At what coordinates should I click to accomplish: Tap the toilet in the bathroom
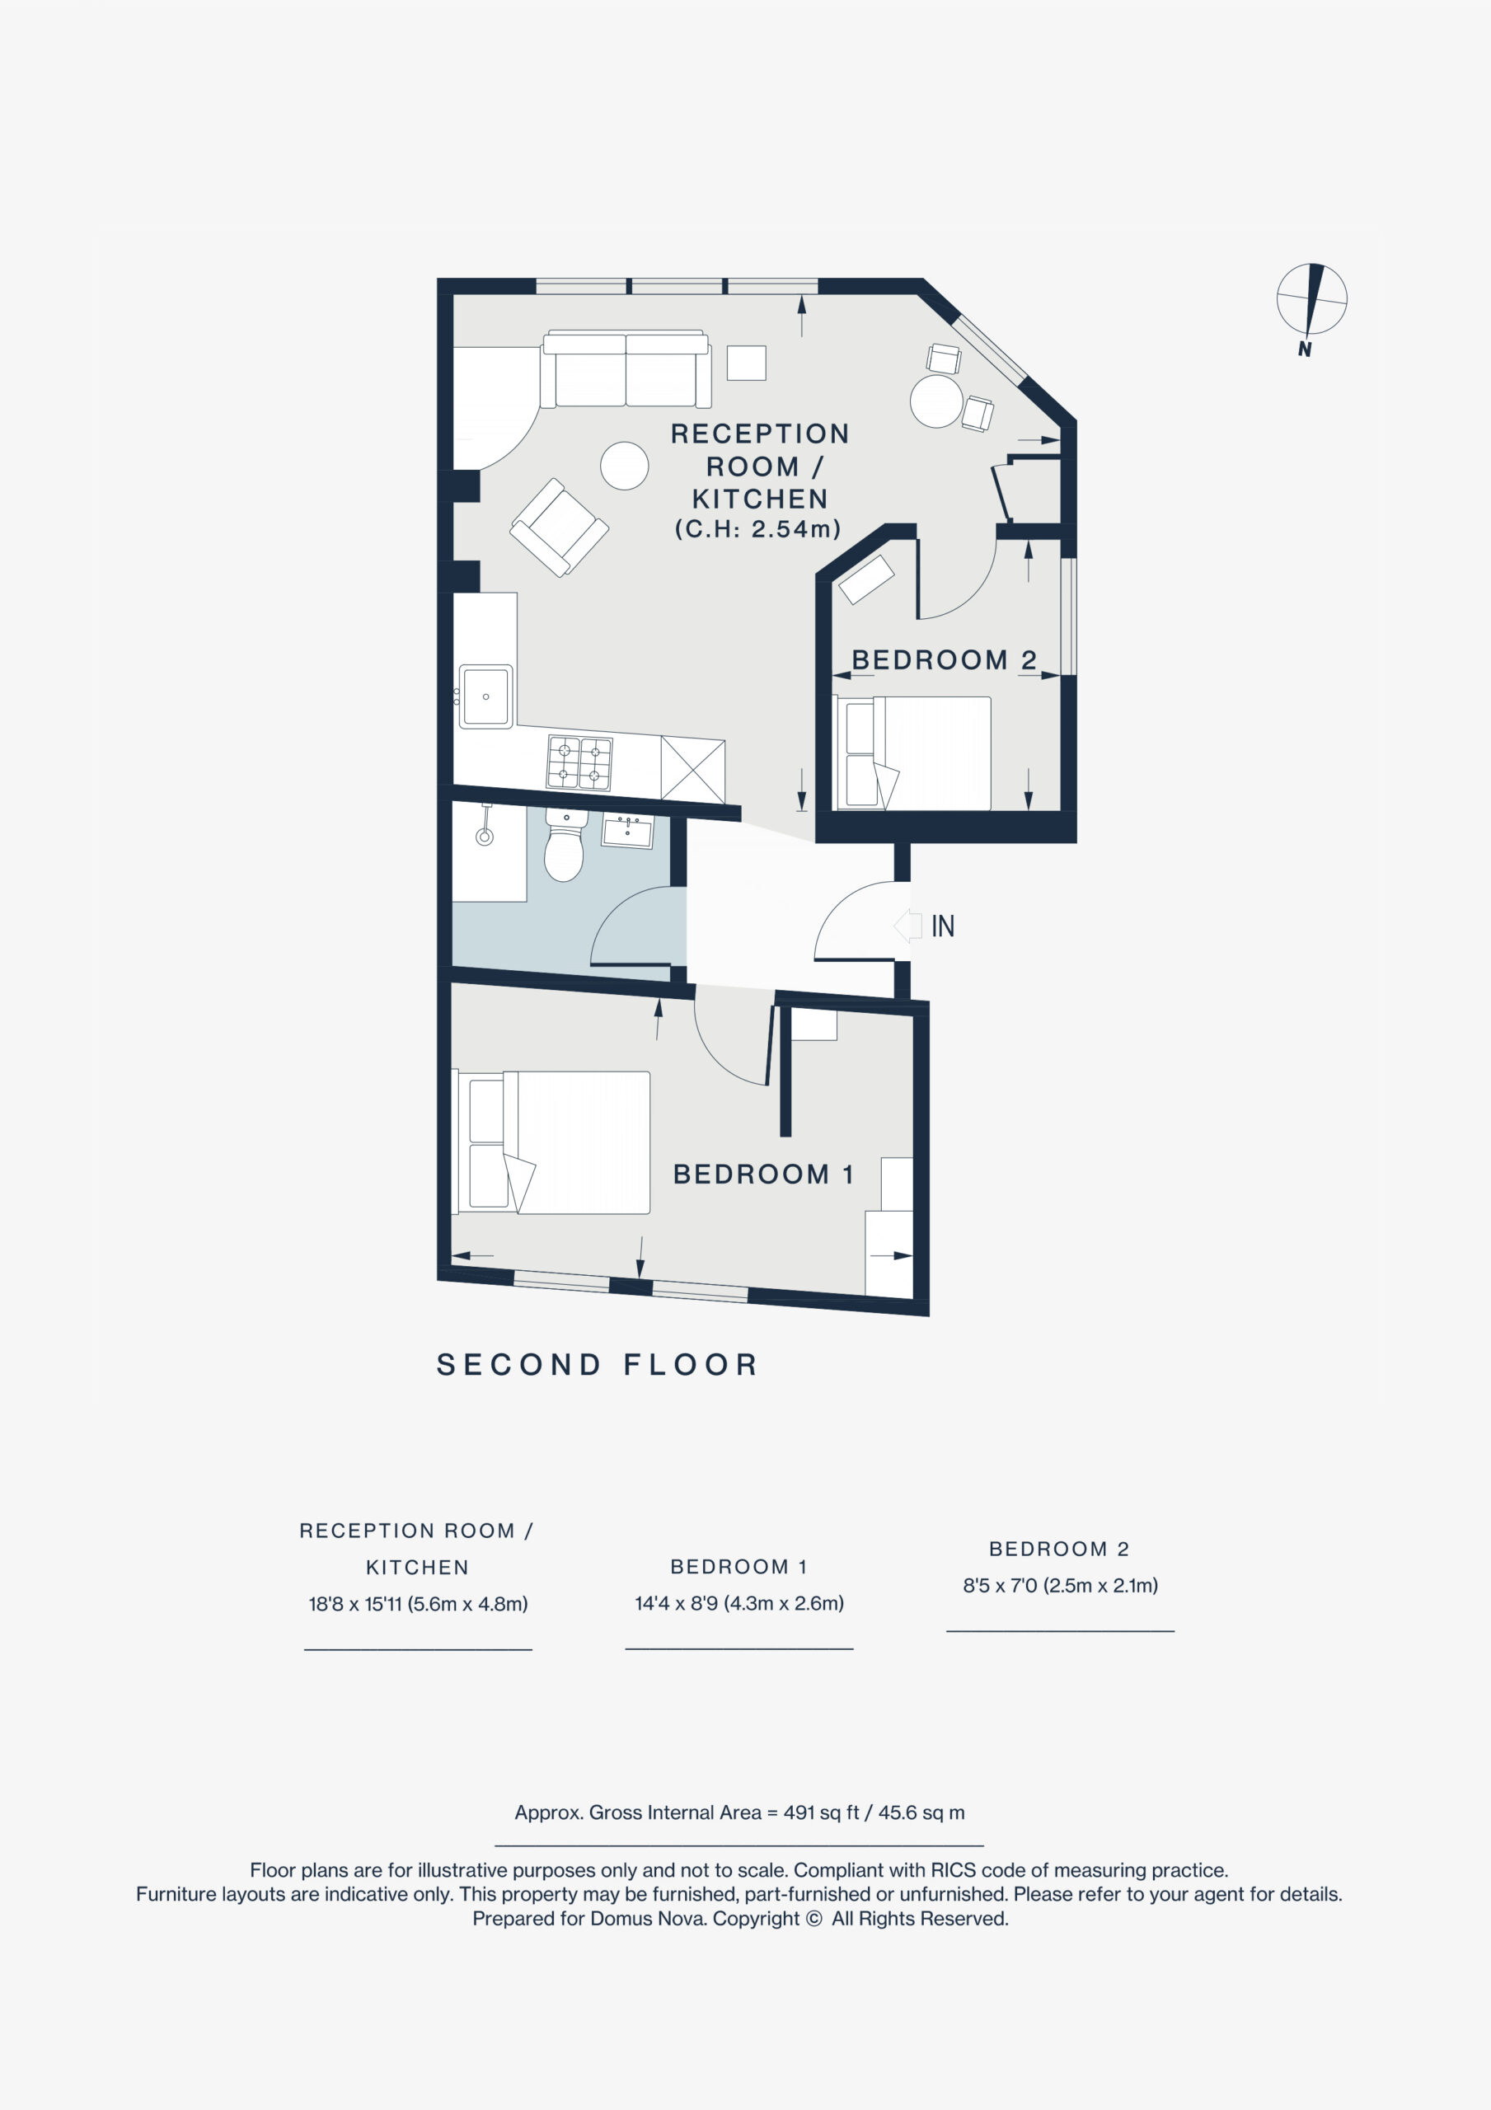click(564, 845)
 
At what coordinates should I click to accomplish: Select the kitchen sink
click(485, 696)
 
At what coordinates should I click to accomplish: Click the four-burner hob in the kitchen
click(579, 762)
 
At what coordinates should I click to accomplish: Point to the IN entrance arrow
click(907, 926)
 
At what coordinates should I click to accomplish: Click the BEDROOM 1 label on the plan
click(764, 1174)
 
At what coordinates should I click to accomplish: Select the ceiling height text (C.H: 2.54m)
click(758, 528)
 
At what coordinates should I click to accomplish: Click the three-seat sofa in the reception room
click(626, 368)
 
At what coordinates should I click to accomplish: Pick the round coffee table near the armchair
click(624, 465)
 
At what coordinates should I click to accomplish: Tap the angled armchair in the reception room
click(559, 527)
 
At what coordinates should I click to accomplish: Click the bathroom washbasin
click(627, 831)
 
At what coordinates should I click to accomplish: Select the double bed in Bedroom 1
click(551, 1142)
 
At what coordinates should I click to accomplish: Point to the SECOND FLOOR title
click(598, 1364)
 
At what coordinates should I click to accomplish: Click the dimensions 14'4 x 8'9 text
click(739, 1603)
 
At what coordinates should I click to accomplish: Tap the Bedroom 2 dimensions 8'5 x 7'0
click(1060, 1584)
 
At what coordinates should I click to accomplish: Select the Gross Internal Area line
click(739, 1812)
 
